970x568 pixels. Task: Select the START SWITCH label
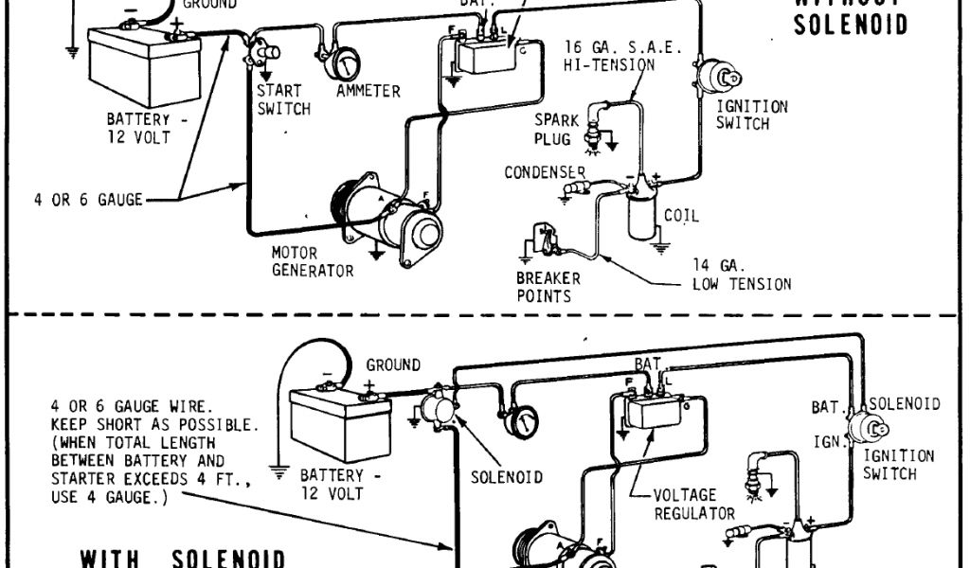283,99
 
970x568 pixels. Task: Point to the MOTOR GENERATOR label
312,262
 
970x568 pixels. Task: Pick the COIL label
681,216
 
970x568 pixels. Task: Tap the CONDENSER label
545,173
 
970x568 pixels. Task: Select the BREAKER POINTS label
548,287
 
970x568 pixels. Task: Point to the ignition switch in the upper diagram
719,73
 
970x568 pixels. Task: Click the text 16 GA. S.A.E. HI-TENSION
621,56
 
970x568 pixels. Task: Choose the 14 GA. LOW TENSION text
741,275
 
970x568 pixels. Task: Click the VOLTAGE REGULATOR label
695,504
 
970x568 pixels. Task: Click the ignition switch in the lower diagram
872,428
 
